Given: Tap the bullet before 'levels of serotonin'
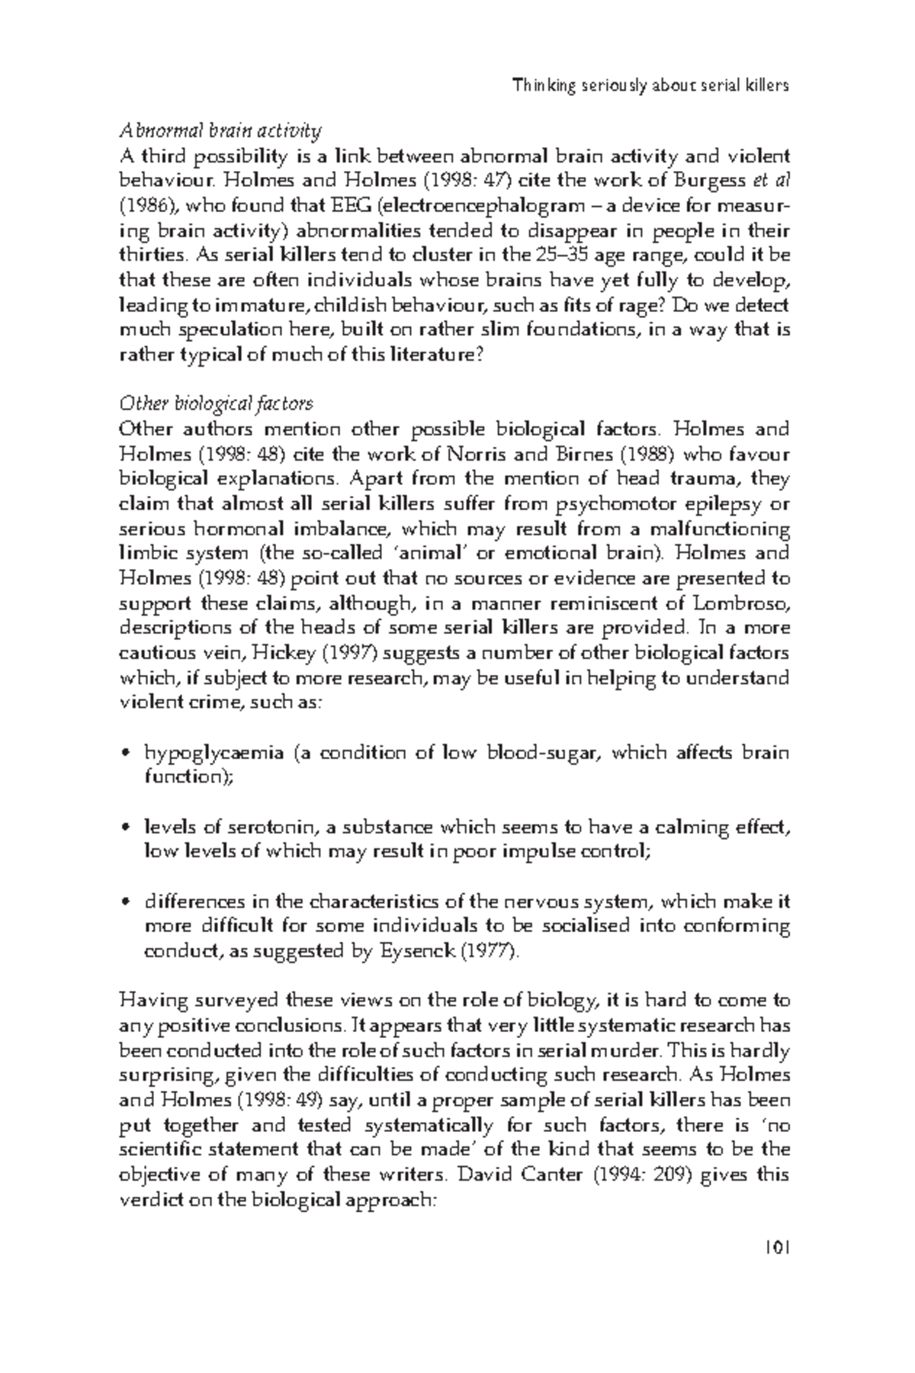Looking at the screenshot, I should (x=127, y=828).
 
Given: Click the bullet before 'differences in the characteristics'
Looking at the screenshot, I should (x=127, y=903).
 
